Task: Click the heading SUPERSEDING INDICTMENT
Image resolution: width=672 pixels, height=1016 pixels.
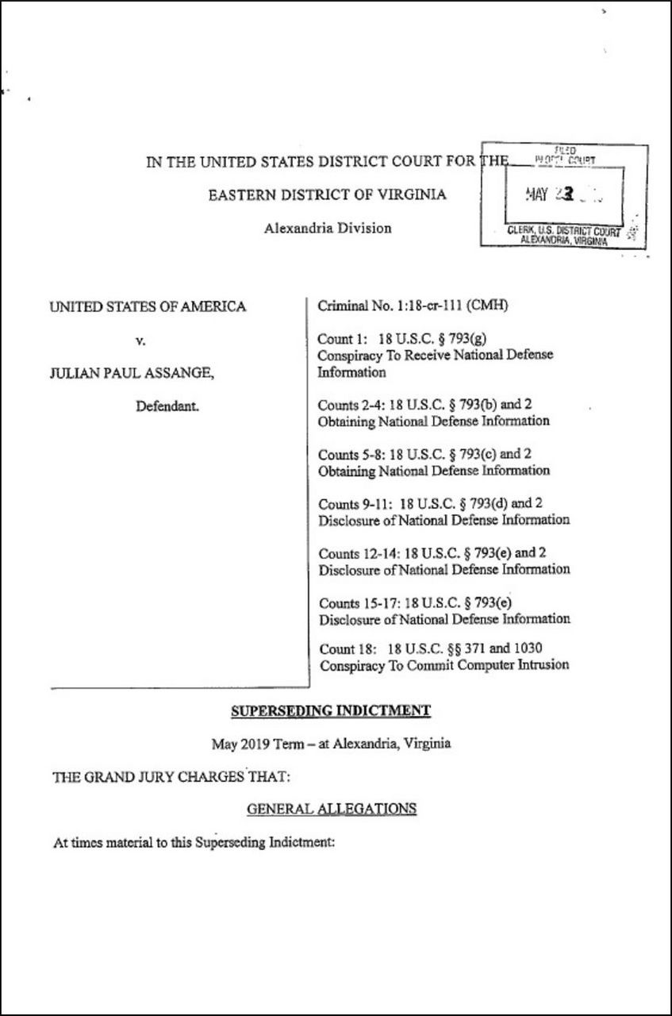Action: pos(330,710)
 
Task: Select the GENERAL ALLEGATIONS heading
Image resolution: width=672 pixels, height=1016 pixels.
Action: pos(332,809)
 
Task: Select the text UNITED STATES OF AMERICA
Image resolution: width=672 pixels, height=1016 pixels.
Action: pos(148,306)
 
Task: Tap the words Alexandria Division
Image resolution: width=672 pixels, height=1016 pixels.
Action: pos(328,229)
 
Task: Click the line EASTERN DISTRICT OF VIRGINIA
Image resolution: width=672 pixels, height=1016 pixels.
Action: pos(327,195)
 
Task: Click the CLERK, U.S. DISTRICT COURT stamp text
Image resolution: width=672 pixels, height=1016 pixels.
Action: pos(563,231)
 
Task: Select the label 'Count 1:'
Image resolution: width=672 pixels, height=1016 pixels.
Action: pos(340,339)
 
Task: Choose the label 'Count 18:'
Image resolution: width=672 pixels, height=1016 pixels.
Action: pos(344,648)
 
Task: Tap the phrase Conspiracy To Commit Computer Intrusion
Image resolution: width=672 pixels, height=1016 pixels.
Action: pos(444,665)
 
